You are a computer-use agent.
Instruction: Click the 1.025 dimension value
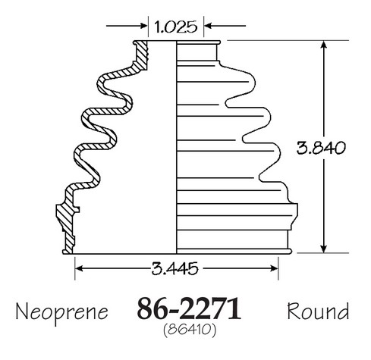tap(175, 27)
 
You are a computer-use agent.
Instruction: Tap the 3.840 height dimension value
tap(321, 148)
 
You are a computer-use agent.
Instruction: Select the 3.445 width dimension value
tap(174, 268)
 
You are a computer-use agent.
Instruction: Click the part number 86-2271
tap(189, 308)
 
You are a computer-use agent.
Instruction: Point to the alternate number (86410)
tap(190, 330)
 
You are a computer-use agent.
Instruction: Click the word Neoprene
tap(62, 312)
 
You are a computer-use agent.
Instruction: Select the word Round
tap(318, 311)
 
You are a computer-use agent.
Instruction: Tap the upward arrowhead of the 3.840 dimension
tap(323, 45)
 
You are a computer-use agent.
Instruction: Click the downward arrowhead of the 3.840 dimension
tap(323, 249)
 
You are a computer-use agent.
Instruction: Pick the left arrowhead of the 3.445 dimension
tap(79, 268)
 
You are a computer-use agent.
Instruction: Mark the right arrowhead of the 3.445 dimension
tap(274, 268)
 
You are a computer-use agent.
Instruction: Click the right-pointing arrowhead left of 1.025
tap(144, 26)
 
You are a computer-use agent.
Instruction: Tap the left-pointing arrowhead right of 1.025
tap(208, 26)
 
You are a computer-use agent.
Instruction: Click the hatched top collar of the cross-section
tap(141, 55)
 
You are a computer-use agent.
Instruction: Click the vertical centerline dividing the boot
tap(176, 147)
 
